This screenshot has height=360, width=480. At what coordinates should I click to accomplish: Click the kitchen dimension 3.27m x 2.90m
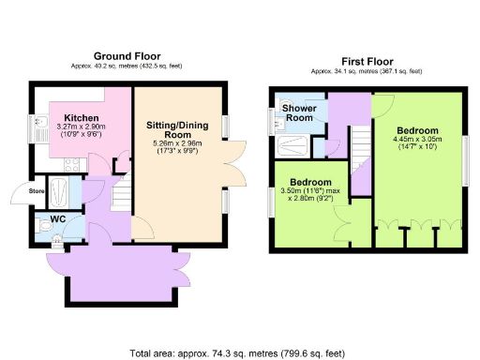(82, 127)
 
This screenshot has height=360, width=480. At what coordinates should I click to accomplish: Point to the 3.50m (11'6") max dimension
(309, 191)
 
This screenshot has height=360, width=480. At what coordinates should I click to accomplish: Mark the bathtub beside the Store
(60, 191)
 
